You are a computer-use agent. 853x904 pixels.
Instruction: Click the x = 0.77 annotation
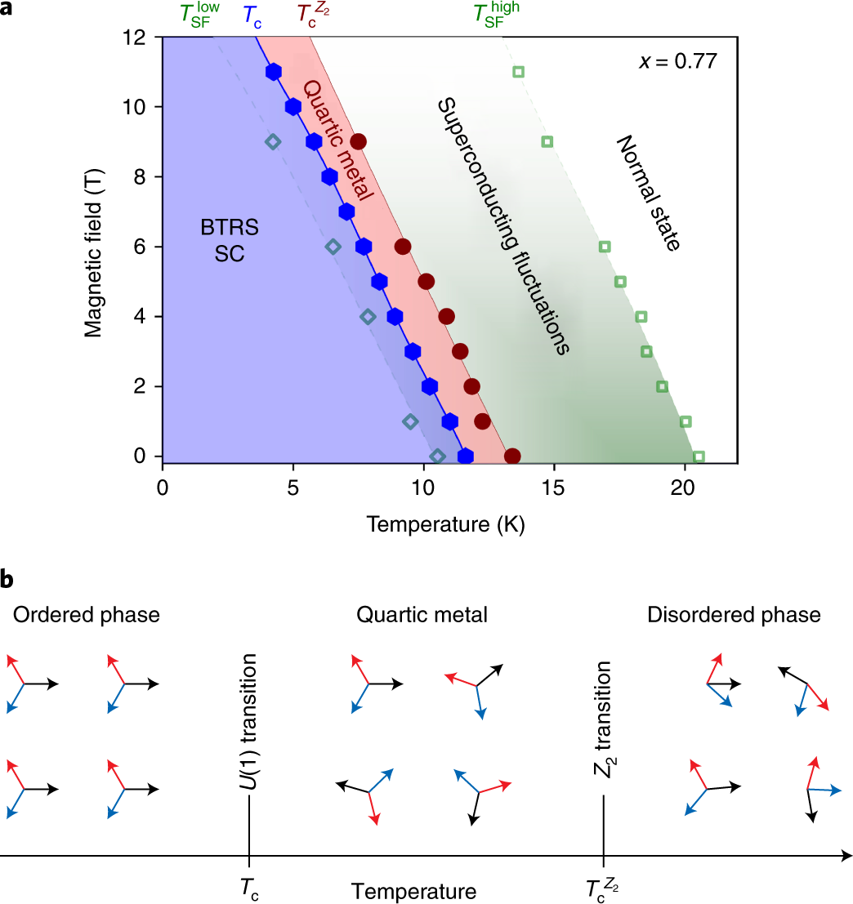click(677, 62)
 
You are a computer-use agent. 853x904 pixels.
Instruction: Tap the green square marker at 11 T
click(518, 72)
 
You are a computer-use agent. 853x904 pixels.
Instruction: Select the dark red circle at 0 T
click(512, 456)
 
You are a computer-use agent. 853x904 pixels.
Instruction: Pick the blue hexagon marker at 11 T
click(274, 72)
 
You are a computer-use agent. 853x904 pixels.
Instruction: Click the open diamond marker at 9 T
click(273, 142)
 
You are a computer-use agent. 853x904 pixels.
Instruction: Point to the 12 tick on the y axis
click(136, 38)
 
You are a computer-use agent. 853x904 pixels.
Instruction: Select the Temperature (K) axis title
click(445, 523)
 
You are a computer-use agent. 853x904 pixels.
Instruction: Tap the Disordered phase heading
click(734, 614)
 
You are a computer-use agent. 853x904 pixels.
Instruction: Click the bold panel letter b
click(7, 580)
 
